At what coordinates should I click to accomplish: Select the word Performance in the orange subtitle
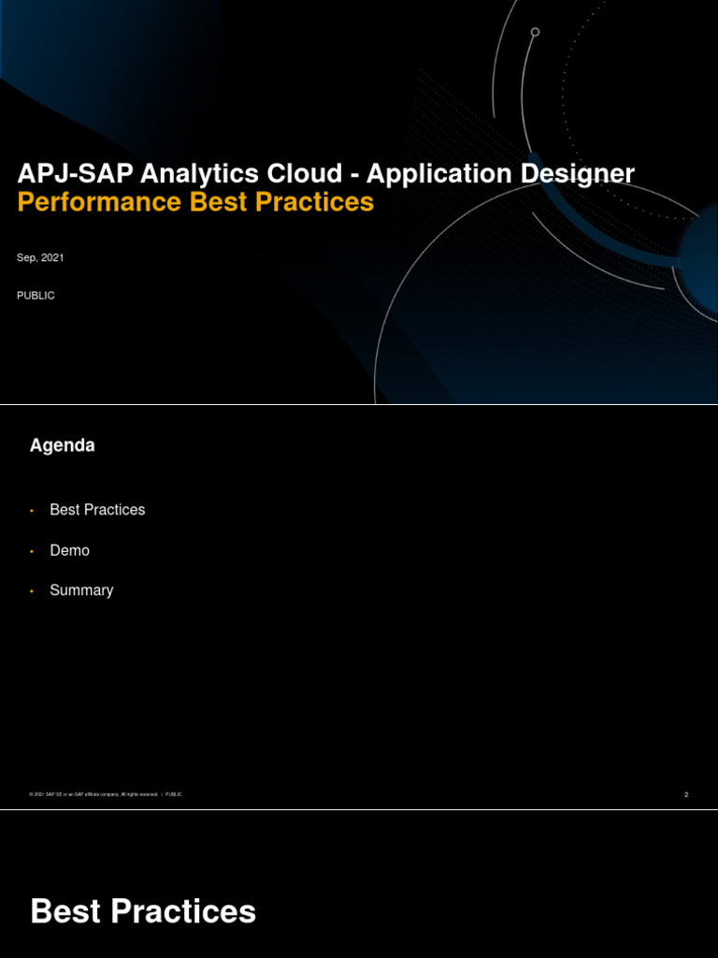101,202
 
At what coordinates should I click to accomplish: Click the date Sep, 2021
40,257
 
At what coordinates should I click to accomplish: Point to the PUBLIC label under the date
36,296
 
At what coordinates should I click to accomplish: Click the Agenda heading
63,446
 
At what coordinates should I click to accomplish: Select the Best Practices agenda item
97,510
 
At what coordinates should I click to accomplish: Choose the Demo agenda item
69,550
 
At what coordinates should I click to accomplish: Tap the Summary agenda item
81,590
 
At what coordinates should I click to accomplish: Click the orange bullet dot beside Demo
32,552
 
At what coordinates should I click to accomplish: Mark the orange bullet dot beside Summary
32,592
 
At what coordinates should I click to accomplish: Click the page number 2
686,794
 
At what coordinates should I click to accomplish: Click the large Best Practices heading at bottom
143,911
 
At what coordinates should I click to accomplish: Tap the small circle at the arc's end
535,32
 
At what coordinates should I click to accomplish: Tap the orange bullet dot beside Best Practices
32,511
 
